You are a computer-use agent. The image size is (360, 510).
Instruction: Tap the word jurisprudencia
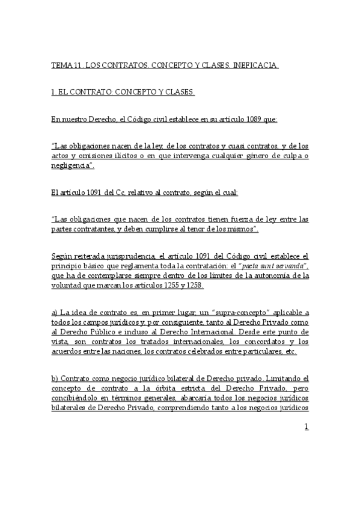[116, 257]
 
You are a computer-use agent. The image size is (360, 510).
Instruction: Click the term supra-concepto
[245, 313]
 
